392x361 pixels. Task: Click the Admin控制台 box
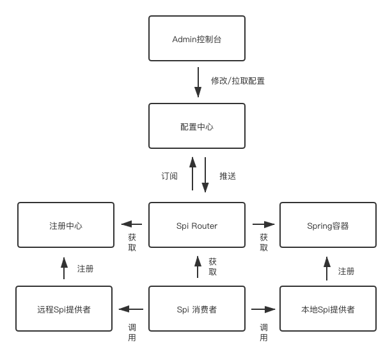[x=196, y=40]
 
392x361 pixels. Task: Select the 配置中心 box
[x=196, y=127]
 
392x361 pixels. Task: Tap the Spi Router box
[x=196, y=226]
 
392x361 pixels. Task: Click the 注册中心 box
[x=66, y=226]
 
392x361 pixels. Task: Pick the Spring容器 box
[x=327, y=226]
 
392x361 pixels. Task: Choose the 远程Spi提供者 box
[x=64, y=309]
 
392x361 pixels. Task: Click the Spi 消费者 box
[x=196, y=309]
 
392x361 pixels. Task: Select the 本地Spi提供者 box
[x=327, y=309]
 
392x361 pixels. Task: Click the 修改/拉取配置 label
[x=238, y=81]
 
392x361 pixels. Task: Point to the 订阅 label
[x=169, y=176]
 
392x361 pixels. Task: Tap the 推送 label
[x=228, y=176]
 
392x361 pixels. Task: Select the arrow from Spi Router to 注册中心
[x=132, y=224]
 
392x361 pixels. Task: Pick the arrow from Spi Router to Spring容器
[x=263, y=224]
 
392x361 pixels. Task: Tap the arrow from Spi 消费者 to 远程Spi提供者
[x=132, y=309]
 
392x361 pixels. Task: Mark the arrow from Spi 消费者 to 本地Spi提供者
[x=263, y=309]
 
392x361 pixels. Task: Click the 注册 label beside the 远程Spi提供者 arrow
[x=85, y=269]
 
